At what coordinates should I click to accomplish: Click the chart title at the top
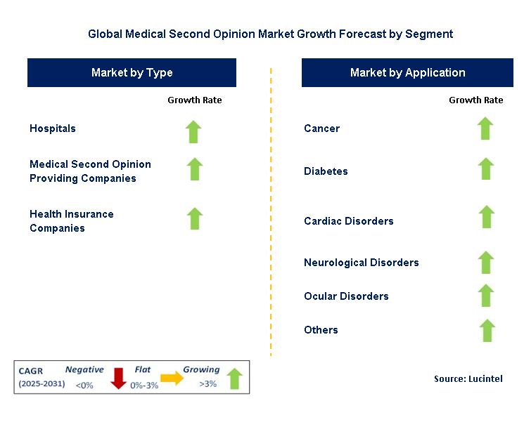pyautogui.click(x=271, y=33)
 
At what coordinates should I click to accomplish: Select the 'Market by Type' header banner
pyautogui.click(x=132, y=73)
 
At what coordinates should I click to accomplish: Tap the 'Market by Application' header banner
pyautogui.click(x=407, y=73)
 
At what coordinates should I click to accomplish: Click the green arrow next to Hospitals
pyautogui.click(x=194, y=131)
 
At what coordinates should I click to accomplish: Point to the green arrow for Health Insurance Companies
pyautogui.click(x=195, y=218)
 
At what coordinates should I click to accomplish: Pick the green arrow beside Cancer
pyautogui.click(x=485, y=128)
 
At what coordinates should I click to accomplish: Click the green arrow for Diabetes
pyautogui.click(x=485, y=169)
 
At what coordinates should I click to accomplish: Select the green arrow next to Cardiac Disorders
pyautogui.click(x=485, y=216)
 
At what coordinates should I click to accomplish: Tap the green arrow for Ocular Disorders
pyautogui.click(x=485, y=295)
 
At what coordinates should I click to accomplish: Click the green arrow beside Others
pyautogui.click(x=485, y=329)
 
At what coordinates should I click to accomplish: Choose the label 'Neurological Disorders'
pyautogui.click(x=362, y=263)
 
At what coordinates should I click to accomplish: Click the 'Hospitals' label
pyautogui.click(x=53, y=128)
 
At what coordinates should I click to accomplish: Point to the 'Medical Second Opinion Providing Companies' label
pyautogui.click(x=90, y=171)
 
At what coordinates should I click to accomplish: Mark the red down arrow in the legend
pyautogui.click(x=118, y=378)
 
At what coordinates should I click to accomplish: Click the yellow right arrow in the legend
pyautogui.click(x=172, y=378)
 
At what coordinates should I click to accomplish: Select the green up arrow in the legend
pyautogui.click(x=234, y=378)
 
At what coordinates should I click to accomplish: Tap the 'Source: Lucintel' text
pyautogui.click(x=468, y=378)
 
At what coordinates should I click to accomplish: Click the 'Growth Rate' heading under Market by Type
pyautogui.click(x=194, y=100)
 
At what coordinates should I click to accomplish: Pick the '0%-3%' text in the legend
pyautogui.click(x=144, y=385)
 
